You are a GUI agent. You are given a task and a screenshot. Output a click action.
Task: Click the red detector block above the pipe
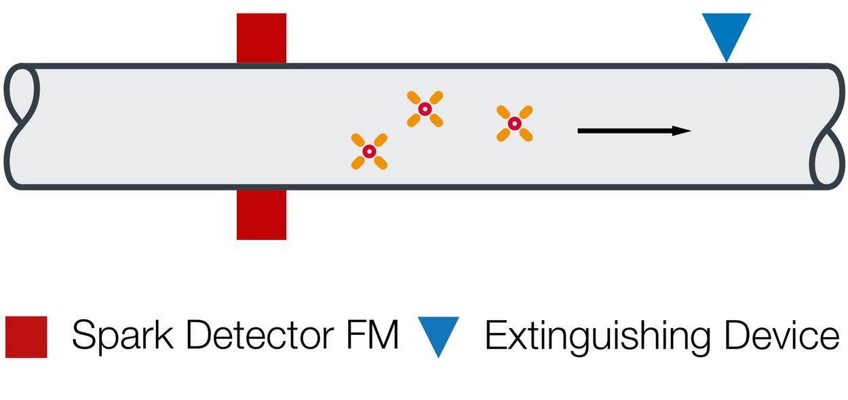tap(261, 38)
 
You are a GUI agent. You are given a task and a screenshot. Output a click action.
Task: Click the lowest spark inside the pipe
tap(369, 151)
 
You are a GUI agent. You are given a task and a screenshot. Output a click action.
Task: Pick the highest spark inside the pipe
tap(425, 109)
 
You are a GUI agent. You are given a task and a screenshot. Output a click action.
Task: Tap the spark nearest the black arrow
tap(514, 123)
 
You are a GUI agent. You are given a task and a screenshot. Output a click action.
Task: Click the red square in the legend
tap(26, 336)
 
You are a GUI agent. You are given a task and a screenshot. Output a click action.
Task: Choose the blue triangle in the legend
tap(438, 332)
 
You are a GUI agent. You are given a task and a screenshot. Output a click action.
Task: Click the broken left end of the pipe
tap(20, 126)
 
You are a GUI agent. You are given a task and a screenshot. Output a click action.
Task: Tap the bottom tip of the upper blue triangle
tap(726, 60)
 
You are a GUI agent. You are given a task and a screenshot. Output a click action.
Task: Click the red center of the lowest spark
tap(369, 151)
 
